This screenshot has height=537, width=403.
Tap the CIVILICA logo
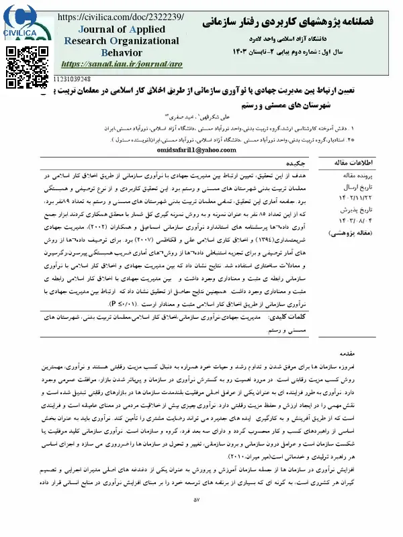(21, 20)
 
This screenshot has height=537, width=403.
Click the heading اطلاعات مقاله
(355, 162)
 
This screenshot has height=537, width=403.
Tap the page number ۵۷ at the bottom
(197, 519)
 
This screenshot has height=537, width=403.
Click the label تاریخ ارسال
(359, 187)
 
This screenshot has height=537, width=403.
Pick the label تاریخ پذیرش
(359, 209)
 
